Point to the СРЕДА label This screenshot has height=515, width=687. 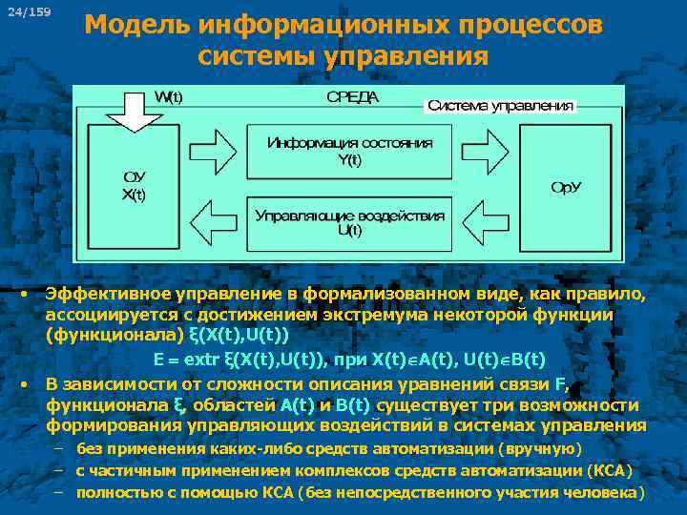(352, 96)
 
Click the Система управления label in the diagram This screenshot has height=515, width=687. (500, 105)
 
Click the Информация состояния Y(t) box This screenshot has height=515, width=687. (349, 151)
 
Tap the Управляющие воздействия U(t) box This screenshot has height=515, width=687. (349, 222)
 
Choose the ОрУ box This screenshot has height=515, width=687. (565, 186)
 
